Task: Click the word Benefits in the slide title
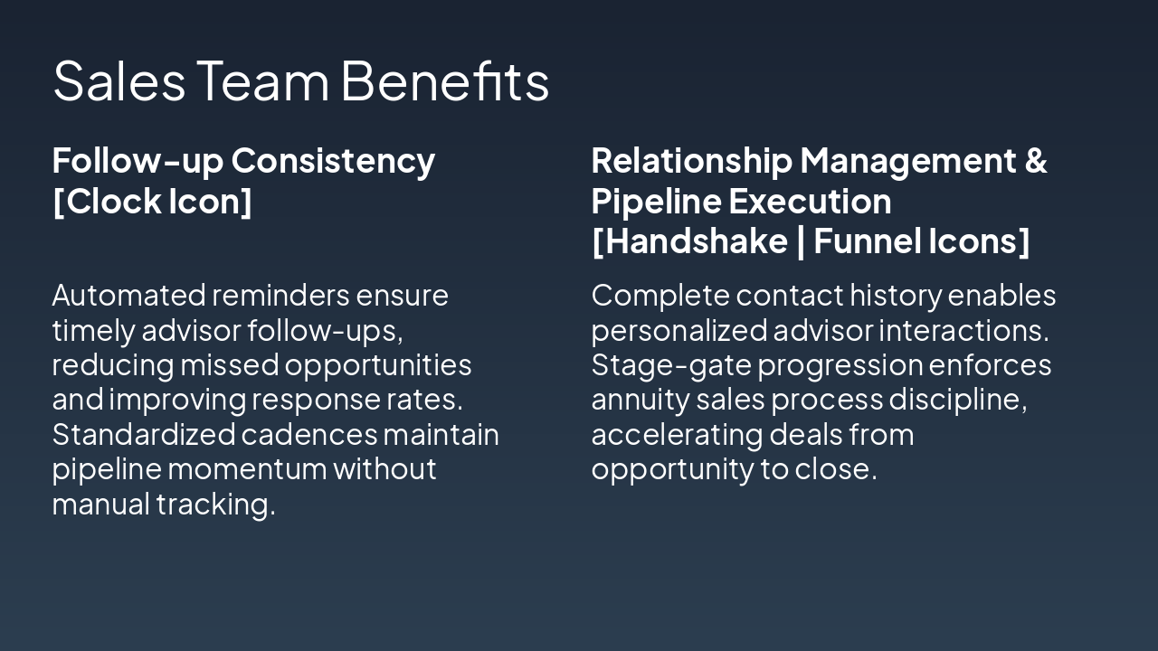point(444,80)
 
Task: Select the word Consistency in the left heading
point(333,161)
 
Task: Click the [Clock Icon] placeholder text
point(152,201)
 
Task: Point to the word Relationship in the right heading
point(691,161)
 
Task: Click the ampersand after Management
point(1036,161)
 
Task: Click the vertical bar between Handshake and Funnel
point(801,241)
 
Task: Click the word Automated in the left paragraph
point(128,296)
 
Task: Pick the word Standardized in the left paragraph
point(143,435)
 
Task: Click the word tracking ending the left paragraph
point(215,505)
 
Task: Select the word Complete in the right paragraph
point(660,296)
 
